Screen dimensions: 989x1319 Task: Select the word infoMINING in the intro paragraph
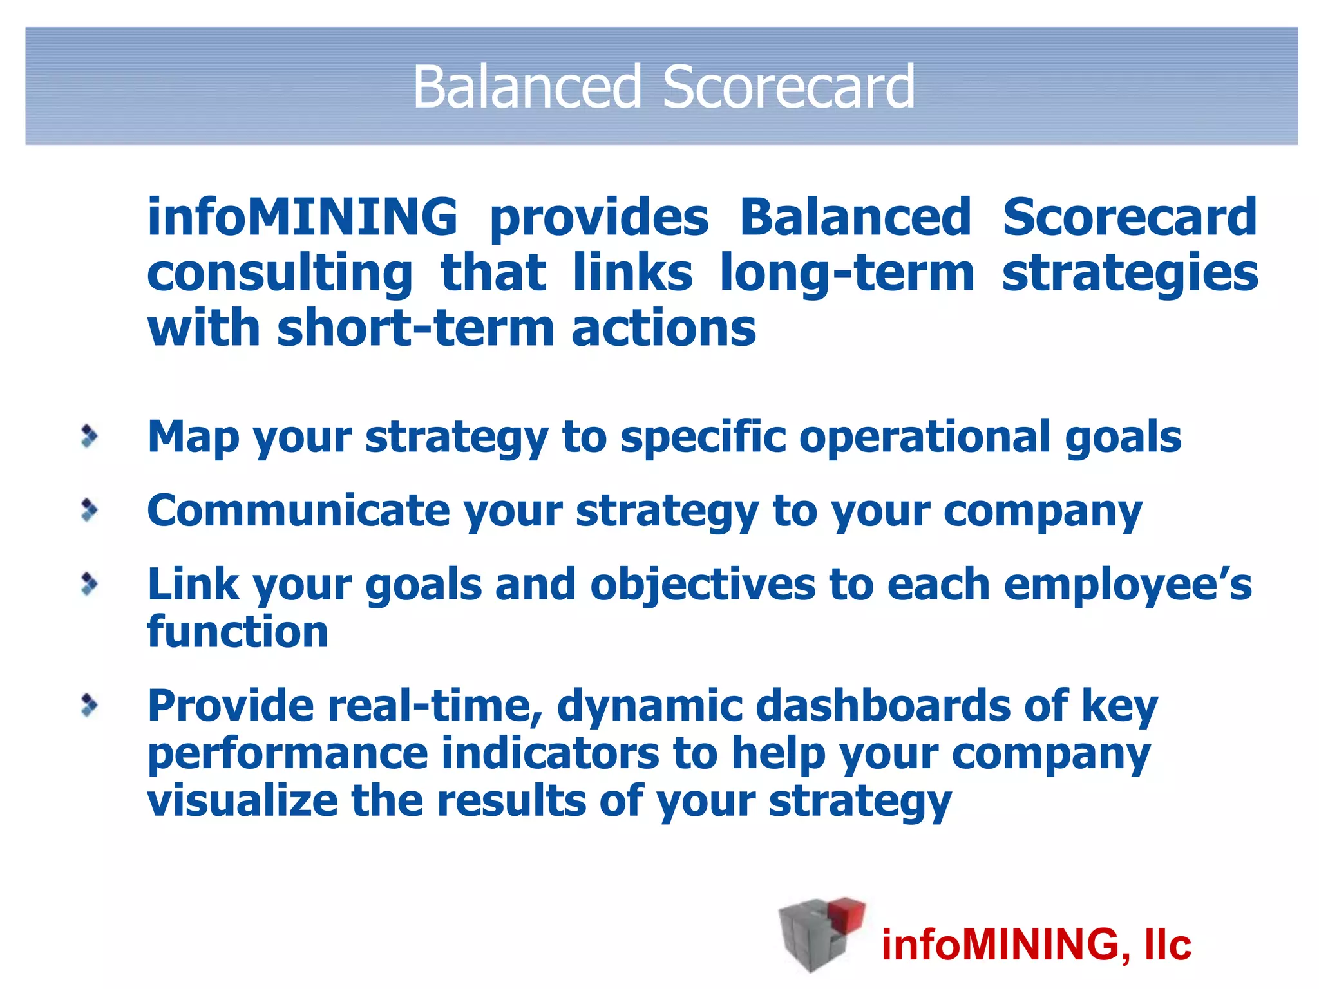tap(302, 217)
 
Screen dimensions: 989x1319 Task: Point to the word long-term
tap(847, 273)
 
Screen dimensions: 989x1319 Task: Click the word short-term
tap(415, 328)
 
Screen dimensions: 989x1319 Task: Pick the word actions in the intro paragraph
tap(663, 328)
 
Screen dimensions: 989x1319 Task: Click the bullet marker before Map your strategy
tap(90, 437)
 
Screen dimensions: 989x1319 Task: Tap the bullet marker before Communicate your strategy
tap(90, 510)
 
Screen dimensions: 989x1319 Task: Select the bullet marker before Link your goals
tap(90, 584)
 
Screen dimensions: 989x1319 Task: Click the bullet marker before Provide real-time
tap(90, 705)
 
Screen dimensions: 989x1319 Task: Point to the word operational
tap(925, 438)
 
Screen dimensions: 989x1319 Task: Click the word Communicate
tap(298, 511)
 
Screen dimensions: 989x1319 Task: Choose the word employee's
tap(1127, 585)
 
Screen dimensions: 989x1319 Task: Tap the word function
tap(238, 632)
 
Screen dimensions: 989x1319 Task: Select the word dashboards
tap(882, 706)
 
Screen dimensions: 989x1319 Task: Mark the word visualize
tap(242, 801)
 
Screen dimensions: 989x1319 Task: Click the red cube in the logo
tap(846, 914)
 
